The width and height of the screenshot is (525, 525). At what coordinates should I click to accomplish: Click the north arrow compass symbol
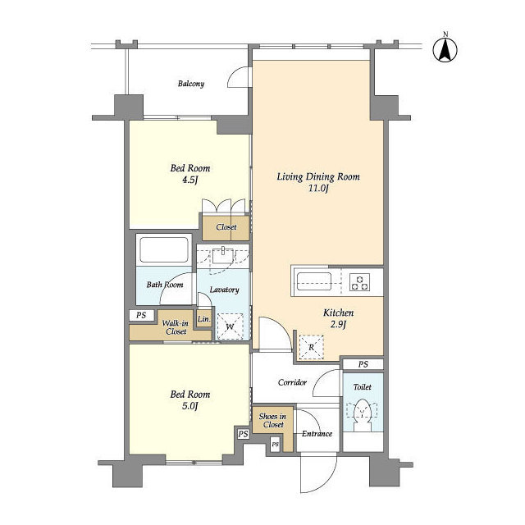[445, 50]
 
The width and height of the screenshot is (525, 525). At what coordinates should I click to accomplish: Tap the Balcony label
[191, 84]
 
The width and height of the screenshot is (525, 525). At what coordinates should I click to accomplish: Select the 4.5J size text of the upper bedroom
[190, 180]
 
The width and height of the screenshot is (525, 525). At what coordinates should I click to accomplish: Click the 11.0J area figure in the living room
[318, 188]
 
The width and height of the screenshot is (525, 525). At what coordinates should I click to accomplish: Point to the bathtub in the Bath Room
[164, 249]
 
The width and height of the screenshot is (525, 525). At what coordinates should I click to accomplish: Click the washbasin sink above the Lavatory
[222, 255]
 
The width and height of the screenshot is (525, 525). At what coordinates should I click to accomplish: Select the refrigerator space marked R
[312, 347]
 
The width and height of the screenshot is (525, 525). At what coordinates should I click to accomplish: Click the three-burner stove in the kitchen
[360, 281]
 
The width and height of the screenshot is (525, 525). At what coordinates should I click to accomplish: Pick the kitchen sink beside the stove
[314, 281]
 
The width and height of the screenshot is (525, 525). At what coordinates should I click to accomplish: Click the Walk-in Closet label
[176, 327]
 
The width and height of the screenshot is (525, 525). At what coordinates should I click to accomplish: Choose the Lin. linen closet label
[204, 319]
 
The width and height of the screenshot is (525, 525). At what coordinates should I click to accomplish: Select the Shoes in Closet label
[272, 421]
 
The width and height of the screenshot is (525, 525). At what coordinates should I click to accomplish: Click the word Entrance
[317, 434]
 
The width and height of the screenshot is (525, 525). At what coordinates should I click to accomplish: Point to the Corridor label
[292, 382]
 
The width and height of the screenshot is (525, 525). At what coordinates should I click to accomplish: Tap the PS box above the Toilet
[363, 364]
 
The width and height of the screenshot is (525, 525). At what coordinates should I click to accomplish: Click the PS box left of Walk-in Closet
[141, 315]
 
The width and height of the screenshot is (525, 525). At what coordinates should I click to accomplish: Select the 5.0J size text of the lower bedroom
[189, 407]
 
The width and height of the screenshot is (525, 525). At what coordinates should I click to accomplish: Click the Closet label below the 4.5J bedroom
[226, 227]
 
